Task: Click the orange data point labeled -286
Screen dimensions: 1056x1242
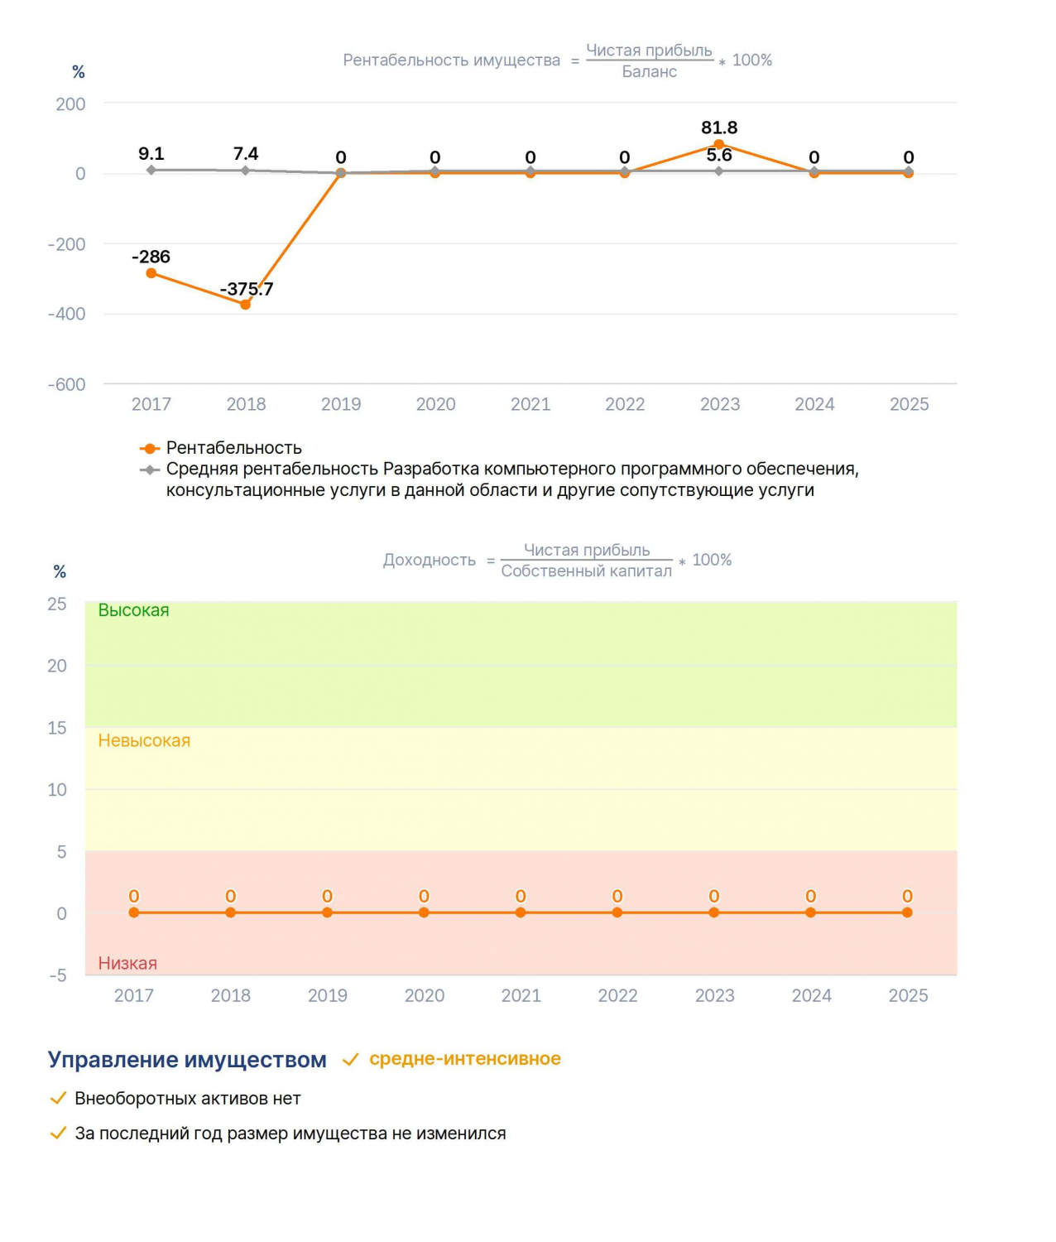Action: [151, 272]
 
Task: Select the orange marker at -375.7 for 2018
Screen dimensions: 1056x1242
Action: [245, 305]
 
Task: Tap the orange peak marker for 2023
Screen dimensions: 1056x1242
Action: [718, 144]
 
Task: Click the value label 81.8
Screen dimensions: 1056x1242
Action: [718, 128]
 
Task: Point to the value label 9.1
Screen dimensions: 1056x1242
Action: [151, 154]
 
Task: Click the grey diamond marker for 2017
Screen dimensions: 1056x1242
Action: [151, 170]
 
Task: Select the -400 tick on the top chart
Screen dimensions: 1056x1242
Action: [67, 314]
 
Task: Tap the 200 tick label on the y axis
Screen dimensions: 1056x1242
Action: [70, 104]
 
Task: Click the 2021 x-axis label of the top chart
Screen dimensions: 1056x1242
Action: [530, 404]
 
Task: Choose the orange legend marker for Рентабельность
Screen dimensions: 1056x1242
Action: [149, 448]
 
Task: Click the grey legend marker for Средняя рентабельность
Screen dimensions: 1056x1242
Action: [149, 469]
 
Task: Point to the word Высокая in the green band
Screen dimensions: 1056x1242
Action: [133, 610]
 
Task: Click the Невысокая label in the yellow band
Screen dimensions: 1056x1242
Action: [144, 740]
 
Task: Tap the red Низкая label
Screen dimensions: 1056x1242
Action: [127, 963]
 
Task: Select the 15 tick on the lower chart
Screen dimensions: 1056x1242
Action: [57, 729]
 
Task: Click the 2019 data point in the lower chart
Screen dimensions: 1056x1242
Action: [327, 912]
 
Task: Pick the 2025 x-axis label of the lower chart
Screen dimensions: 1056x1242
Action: [908, 995]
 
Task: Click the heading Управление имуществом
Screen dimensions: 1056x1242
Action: [187, 1059]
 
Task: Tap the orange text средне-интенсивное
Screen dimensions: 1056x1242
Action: [464, 1058]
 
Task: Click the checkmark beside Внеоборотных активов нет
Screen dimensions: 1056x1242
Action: [58, 1098]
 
